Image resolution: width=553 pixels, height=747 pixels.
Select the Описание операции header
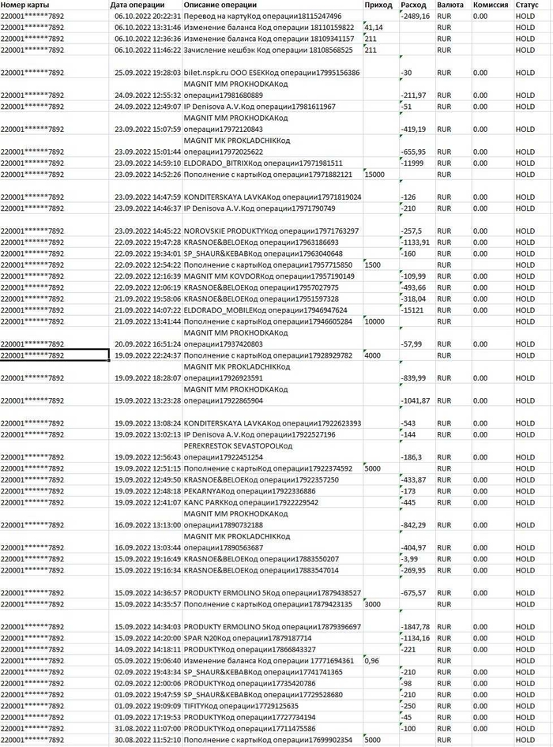coord(220,5)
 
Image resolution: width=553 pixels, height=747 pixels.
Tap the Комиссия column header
coord(491,5)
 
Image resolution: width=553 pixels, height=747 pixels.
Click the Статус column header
coord(527,5)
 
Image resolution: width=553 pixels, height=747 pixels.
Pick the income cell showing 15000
coord(374,174)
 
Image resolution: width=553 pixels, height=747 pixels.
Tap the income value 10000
coord(374,321)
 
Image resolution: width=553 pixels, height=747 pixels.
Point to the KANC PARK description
coord(250,501)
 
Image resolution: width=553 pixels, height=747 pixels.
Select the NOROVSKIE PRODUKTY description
coord(272,231)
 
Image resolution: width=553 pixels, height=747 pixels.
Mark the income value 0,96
coord(371,660)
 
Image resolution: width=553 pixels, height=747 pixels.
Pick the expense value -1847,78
coord(416,626)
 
